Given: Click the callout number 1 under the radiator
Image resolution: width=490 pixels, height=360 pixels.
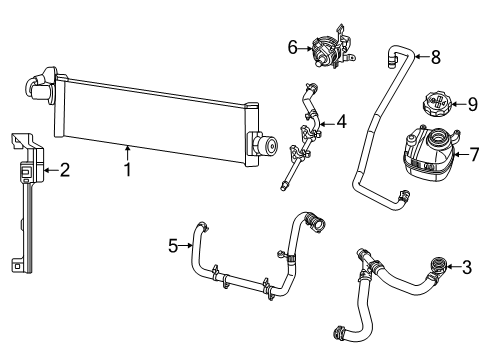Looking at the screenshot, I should [128, 171].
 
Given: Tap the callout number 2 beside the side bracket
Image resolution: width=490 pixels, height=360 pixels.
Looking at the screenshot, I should [65, 171].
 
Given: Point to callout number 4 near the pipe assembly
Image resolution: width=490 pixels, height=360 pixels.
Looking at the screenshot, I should [341, 123].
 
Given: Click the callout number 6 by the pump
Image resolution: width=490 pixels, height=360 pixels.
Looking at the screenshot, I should [292, 45].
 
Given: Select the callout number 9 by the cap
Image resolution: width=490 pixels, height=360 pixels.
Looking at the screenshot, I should [473, 103].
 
